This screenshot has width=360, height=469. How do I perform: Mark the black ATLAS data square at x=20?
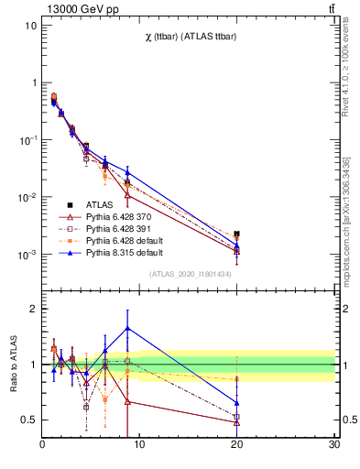click(237, 234)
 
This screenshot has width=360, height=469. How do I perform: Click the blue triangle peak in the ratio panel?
click(127, 327)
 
